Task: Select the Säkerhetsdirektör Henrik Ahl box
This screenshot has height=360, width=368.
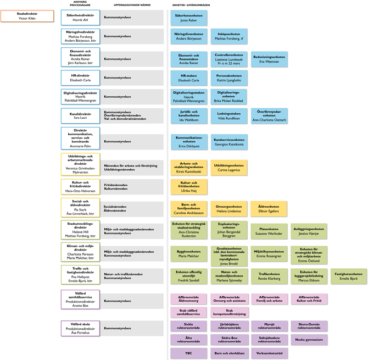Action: click(80, 18)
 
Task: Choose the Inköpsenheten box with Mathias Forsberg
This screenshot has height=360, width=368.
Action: click(228, 37)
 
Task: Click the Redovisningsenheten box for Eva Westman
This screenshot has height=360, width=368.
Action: click(270, 59)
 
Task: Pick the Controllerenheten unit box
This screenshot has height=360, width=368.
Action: click(228, 59)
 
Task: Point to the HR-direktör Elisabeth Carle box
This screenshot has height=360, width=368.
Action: click(80, 78)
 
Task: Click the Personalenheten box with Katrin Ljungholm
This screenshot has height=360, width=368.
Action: click(228, 78)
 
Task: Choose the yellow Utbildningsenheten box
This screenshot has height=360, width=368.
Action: click(228, 168)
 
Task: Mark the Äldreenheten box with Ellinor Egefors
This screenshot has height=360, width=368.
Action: click(270, 209)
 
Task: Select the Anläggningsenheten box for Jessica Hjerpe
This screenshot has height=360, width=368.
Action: click(309, 231)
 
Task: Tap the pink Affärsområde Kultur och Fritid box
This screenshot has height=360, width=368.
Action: click(309, 300)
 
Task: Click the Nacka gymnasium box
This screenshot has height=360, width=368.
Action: click(309, 339)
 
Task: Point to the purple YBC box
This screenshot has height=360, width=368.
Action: click(188, 353)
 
